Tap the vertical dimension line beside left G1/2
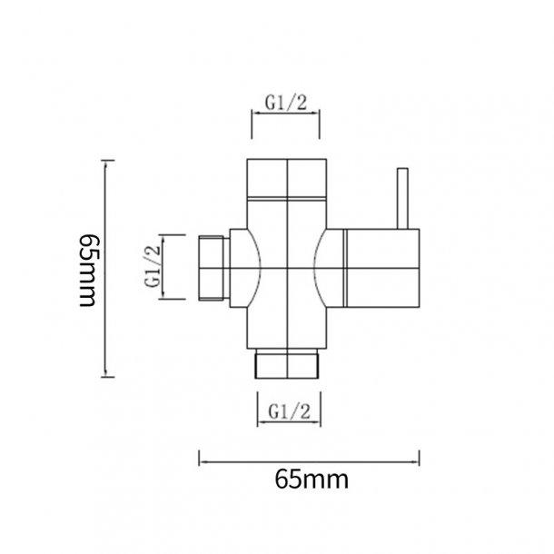tap(167, 265)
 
